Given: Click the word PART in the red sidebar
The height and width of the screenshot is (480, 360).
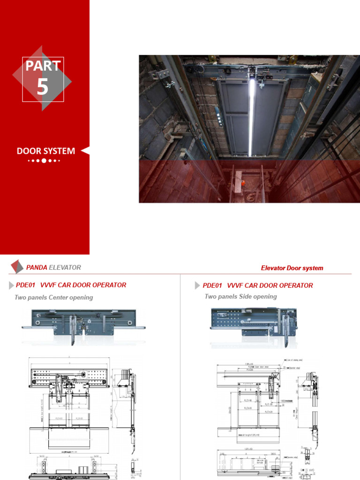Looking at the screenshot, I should [43, 66].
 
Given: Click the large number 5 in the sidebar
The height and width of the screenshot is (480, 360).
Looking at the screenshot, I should [43, 87].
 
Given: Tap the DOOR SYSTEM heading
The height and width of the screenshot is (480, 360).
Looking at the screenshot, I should [46, 151].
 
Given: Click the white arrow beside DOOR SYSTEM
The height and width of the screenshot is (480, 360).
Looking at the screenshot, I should [85, 151].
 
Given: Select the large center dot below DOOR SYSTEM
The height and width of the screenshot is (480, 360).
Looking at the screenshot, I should [44, 161].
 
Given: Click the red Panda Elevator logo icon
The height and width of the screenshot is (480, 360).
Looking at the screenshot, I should [16, 267].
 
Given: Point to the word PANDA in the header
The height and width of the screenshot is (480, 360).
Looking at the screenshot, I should [37, 268].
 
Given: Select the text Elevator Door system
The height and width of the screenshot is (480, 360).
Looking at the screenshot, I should [292, 268].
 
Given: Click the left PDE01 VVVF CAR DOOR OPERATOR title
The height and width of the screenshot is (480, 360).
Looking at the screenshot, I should [71, 285].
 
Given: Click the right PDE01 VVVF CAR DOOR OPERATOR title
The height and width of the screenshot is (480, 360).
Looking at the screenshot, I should [258, 285].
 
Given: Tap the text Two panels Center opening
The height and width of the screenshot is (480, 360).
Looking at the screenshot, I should [54, 298].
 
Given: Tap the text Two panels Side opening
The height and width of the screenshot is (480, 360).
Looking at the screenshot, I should [240, 297].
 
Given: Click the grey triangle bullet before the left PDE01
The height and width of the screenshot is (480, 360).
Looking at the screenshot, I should [12, 285].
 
